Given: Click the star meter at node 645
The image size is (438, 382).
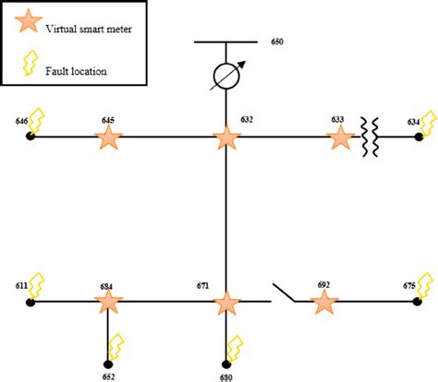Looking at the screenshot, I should click(109, 138).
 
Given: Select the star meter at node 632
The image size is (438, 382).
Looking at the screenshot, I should click(226, 138).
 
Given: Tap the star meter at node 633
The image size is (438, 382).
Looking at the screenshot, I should click(341, 138).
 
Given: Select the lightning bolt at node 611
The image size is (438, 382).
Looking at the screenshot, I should click(38, 284).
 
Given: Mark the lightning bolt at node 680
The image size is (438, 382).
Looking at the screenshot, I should click(236, 348).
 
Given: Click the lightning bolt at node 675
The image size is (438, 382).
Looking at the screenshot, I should click(425, 285).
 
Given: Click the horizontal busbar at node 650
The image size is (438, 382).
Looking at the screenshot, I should click(226, 42).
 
